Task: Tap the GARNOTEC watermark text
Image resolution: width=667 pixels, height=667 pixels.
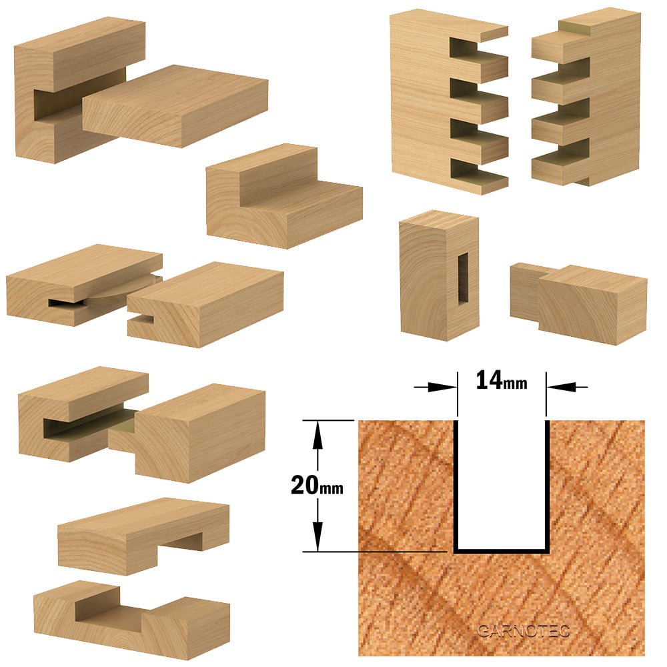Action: (524, 631)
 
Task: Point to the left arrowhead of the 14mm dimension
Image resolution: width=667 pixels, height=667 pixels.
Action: (442, 387)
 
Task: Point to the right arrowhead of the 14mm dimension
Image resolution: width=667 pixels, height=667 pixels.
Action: (562, 387)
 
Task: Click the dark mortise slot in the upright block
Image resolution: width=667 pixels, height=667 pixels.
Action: (463, 279)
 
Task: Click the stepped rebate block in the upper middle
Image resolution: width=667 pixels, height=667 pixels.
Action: (283, 197)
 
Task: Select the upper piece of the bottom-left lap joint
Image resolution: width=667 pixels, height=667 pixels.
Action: (143, 536)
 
